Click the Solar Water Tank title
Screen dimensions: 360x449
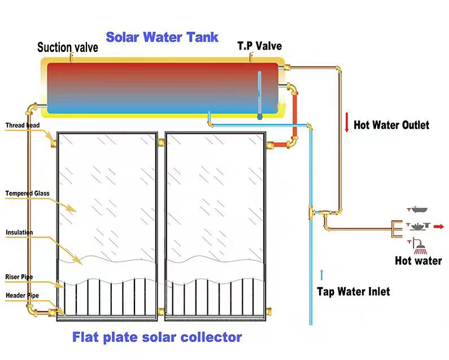click(x=162, y=38)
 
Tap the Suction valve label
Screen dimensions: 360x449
click(x=68, y=47)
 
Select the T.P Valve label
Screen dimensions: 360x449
click(x=259, y=46)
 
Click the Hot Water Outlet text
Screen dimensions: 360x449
click(x=391, y=125)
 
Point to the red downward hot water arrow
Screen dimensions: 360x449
click(x=346, y=122)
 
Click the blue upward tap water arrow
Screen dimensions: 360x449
click(x=322, y=275)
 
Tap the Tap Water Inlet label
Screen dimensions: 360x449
click(x=353, y=292)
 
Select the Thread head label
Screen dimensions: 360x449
click(x=23, y=125)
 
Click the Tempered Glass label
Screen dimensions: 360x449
click(x=27, y=194)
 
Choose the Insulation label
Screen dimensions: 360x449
click(x=19, y=232)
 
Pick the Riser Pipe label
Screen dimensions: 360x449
click(x=19, y=277)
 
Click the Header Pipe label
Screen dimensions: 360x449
click(x=21, y=295)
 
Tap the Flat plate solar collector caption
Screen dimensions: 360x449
click(x=156, y=337)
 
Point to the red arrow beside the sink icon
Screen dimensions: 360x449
click(x=439, y=226)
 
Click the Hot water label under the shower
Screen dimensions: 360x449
click(x=419, y=261)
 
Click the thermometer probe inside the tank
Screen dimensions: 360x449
click(x=260, y=96)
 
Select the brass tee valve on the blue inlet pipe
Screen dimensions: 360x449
click(x=311, y=212)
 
